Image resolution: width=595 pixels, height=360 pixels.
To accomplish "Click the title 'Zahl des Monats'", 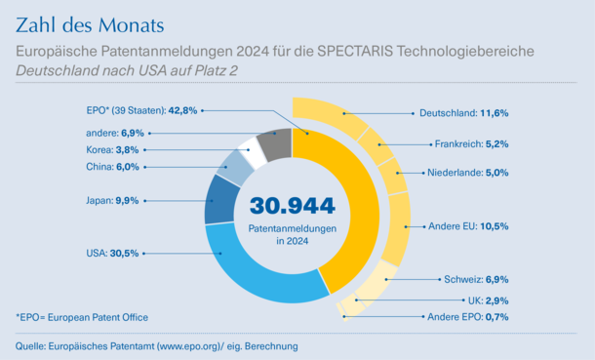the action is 90,25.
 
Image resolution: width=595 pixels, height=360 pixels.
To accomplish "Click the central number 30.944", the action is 293,206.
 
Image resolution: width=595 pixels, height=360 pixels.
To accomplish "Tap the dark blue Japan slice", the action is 220,200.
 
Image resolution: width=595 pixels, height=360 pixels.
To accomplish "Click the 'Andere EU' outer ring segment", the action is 397,228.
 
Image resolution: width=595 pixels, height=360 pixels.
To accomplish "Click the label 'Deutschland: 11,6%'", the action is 463,113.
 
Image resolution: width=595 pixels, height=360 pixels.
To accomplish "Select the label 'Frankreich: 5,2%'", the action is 472,144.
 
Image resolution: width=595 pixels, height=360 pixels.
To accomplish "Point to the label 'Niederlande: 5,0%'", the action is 468,173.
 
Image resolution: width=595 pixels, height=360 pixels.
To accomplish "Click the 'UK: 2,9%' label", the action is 488,300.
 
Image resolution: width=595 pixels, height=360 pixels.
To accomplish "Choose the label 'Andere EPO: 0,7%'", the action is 468,317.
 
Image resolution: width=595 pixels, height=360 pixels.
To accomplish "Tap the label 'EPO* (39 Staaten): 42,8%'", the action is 141,110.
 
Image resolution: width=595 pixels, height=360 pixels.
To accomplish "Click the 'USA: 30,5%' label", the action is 112,253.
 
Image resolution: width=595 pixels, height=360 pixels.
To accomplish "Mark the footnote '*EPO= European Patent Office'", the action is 82,317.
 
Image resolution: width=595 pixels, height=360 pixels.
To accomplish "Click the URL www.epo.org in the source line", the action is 189,346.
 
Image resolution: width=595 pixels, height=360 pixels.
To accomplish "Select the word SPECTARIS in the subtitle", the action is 355,51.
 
